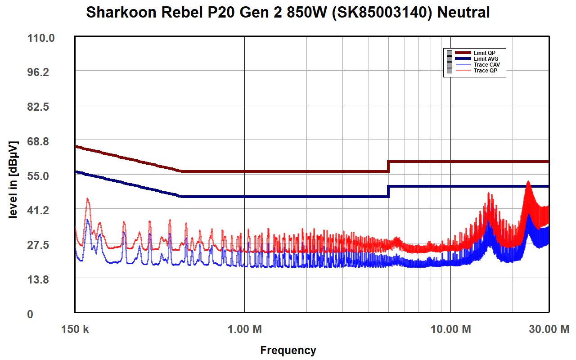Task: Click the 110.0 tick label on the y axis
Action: (41, 38)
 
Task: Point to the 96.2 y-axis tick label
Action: (41, 72)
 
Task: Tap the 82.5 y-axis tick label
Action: (41, 107)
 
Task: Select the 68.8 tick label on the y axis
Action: (41, 142)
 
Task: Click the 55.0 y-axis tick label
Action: (41, 176)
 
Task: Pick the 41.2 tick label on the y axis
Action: (41, 211)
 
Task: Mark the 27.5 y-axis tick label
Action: (41, 245)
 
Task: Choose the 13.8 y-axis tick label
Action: (41, 280)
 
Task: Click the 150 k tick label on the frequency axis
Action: (75, 329)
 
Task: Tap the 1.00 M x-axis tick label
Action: (244, 329)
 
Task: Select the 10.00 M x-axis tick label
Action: (450, 329)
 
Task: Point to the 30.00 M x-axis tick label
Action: (549, 329)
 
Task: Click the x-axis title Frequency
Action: (288, 350)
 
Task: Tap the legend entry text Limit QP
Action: (485, 53)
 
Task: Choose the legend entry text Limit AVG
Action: (486, 59)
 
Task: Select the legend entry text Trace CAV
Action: (487, 65)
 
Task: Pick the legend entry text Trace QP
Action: (486, 71)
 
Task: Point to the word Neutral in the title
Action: (463, 13)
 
